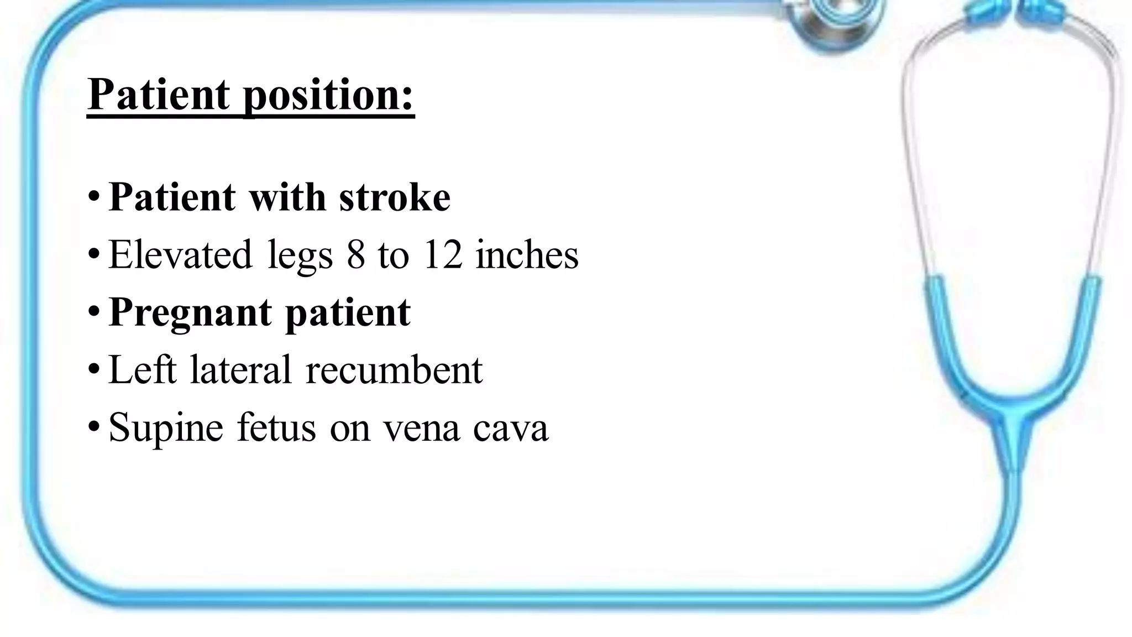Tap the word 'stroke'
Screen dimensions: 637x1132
395,197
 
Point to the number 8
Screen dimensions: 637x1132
356,255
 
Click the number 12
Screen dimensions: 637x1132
442,255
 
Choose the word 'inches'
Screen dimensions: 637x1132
527,255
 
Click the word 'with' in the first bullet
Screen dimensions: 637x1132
287,197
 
